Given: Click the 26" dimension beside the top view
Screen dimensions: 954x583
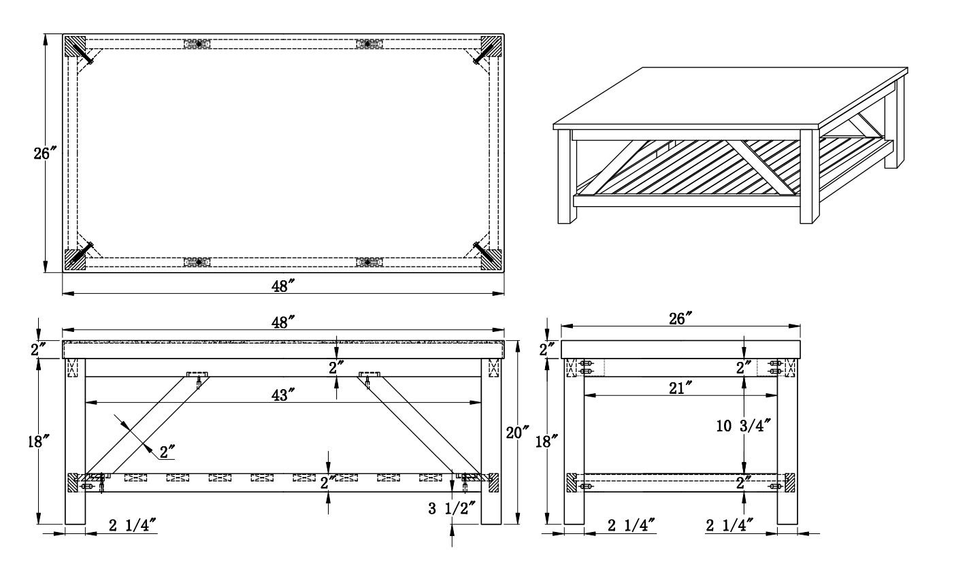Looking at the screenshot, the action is click(45, 153).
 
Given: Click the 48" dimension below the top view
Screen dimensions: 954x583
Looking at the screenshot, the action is click(283, 286).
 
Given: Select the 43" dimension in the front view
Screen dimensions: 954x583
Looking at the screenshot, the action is click(283, 395).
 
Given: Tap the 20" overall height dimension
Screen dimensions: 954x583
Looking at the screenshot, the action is click(517, 433).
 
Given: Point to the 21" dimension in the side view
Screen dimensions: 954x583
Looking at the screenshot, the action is click(680, 388).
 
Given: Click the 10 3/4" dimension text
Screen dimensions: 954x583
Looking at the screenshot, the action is click(744, 425).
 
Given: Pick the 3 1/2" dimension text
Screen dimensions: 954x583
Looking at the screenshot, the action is click(451, 508).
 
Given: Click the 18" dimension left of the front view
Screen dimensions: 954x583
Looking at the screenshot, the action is click(39, 442).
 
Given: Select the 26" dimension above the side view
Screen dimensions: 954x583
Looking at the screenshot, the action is click(680, 318).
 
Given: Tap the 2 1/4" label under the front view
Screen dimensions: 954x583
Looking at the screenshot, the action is click(133, 525).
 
